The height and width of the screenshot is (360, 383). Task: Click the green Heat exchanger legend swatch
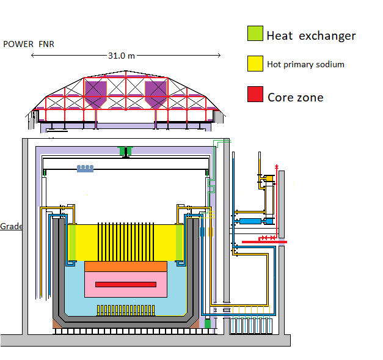pyautogui.click(x=255, y=34)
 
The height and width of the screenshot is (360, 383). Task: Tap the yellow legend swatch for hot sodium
pyautogui.click(x=255, y=64)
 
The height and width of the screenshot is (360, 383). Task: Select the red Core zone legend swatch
pyautogui.click(x=255, y=95)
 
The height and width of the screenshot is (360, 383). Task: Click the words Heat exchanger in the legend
pyautogui.click(x=310, y=35)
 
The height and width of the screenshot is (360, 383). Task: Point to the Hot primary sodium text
pyautogui.click(x=305, y=64)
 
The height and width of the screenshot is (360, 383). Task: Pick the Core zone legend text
pyautogui.click(x=295, y=97)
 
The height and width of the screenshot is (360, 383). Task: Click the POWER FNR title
pyautogui.click(x=29, y=44)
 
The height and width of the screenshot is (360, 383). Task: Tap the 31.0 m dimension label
pyautogui.click(x=121, y=56)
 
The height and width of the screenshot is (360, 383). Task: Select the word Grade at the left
pyautogui.click(x=11, y=226)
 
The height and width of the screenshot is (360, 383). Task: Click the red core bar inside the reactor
pyautogui.click(x=126, y=285)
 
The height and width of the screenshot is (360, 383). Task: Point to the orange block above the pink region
pyautogui.click(x=126, y=266)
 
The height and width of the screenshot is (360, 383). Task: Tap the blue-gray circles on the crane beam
pyautogui.click(x=85, y=167)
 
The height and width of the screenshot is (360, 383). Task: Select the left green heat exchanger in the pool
pyautogui.click(x=73, y=241)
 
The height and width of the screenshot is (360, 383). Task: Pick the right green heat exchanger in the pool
pyautogui.click(x=180, y=241)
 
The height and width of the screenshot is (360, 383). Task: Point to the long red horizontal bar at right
pyautogui.click(x=264, y=242)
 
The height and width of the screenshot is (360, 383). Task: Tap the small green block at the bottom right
pyautogui.click(x=208, y=323)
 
